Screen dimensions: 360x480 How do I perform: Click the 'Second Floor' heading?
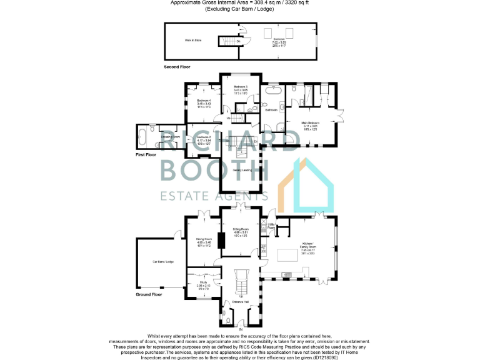pyautogui.click(x=177, y=66)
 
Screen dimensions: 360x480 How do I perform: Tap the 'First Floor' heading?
pyautogui.click(x=149, y=153)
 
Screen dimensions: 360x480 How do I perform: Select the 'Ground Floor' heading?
pyautogui.click(x=149, y=294)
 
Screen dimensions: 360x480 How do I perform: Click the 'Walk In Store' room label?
pyautogui.click(x=192, y=41)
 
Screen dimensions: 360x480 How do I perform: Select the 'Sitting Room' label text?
pyautogui.click(x=241, y=229)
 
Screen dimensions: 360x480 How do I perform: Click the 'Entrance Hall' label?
pyautogui.click(x=241, y=302)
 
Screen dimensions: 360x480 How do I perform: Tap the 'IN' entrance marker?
pyautogui.click(x=239, y=329)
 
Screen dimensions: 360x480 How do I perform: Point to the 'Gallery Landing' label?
pyautogui.click(x=242, y=169)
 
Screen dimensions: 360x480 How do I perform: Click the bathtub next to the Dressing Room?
pyautogui.click(x=144, y=134)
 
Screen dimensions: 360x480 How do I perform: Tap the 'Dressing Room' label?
pyautogui.click(x=170, y=136)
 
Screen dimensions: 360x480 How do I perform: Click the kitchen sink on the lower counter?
pyautogui.click(x=288, y=273)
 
